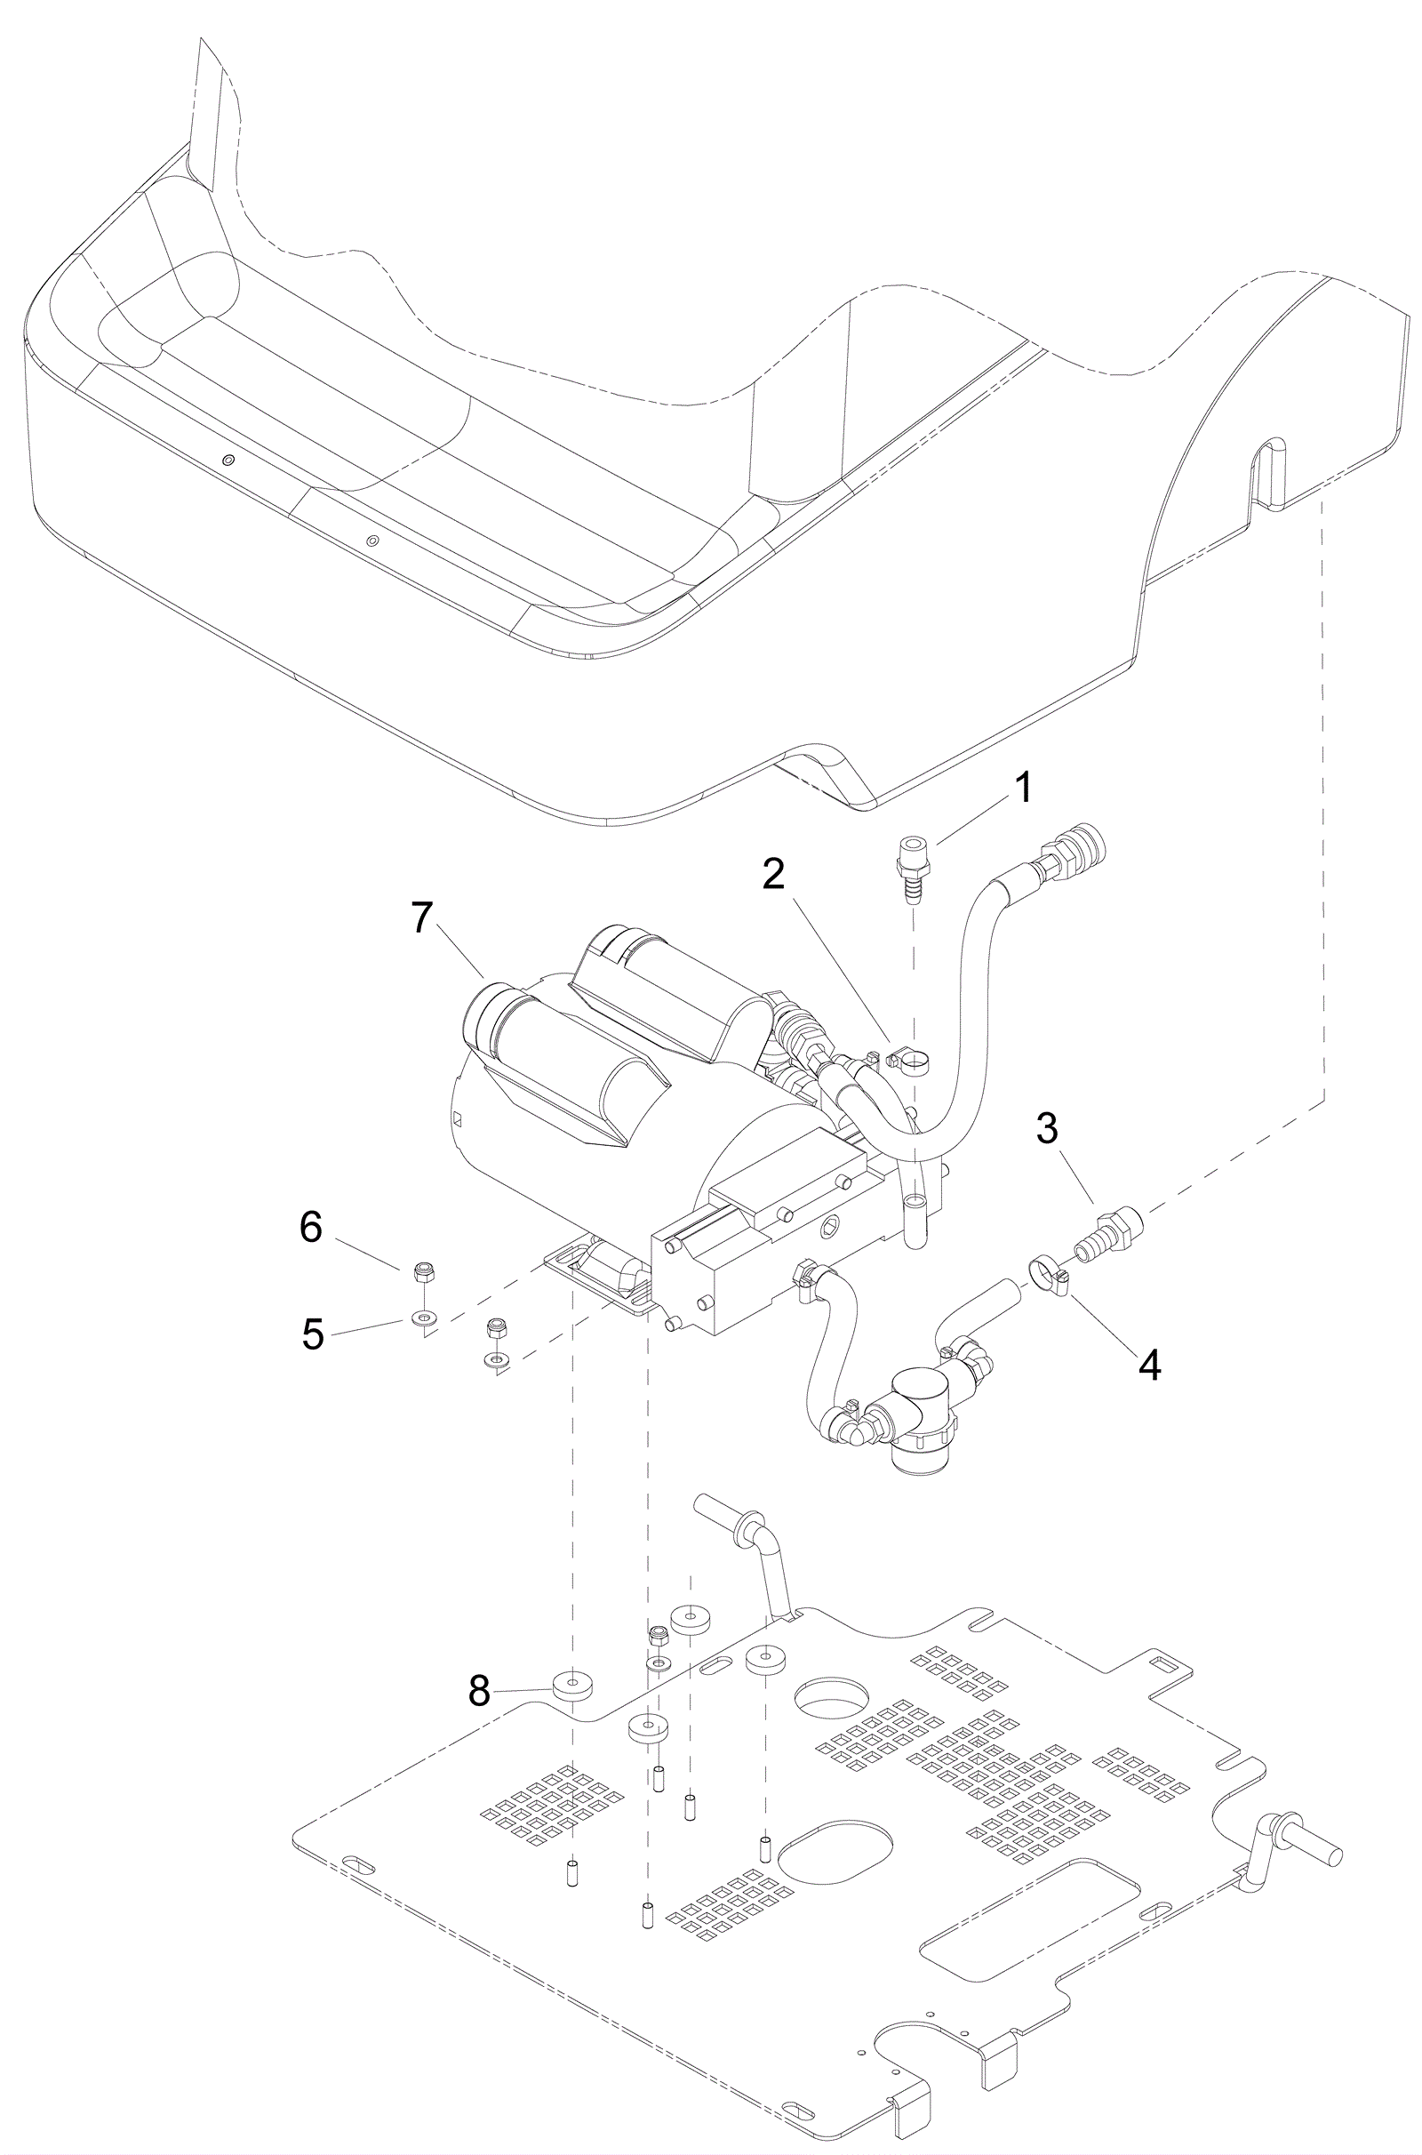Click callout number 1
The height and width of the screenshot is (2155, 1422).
point(1022,789)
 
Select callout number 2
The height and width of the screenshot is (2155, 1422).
point(772,873)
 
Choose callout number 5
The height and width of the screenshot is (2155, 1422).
point(313,1334)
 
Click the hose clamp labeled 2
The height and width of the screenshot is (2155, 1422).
point(905,1060)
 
